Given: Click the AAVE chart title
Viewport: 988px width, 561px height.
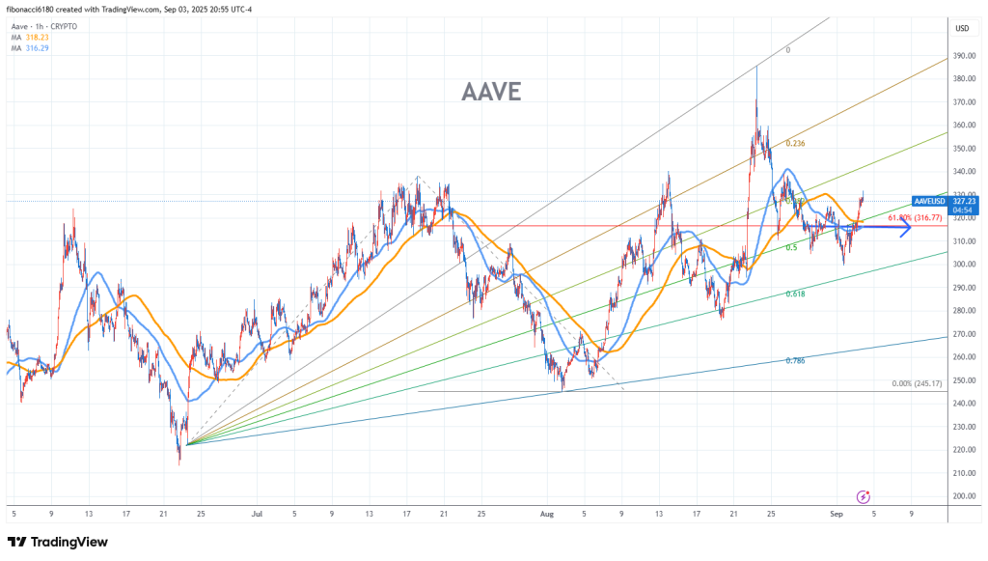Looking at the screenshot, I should [491, 93].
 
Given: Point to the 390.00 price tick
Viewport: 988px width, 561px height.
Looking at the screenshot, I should [962, 55].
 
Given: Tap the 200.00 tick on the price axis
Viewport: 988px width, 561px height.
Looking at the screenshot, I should [962, 496].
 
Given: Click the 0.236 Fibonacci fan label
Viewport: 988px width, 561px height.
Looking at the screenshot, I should [795, 144].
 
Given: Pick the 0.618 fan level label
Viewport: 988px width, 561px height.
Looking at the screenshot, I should [795, 294].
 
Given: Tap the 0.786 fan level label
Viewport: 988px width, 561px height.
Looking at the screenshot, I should [795, 360].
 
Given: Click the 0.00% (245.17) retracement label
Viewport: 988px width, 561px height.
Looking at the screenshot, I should [919, 384].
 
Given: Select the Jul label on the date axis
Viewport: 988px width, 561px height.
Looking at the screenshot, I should [259, 516].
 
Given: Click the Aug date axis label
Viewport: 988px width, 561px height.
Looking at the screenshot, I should [547, 516].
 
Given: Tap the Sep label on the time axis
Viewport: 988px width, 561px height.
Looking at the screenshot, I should [837, 516].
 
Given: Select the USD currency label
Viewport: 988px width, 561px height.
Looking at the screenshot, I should [961, 29].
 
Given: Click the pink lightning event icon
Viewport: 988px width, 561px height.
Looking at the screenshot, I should [864, 496].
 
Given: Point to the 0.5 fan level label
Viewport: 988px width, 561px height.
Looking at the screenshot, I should [791, 248].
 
